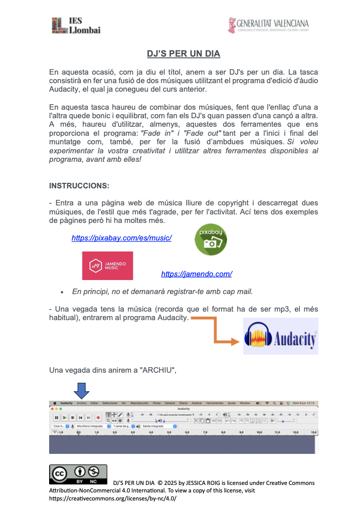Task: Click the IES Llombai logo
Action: coord(76,25)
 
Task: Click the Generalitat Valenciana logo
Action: coord(268,25)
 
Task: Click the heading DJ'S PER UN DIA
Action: coord(184,54)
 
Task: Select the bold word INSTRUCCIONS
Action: coord(79,186)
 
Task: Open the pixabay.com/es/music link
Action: coord(122,238)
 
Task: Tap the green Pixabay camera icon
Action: coord(211,239)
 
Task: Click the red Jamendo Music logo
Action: coord(107,266)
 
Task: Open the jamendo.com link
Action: coord(197,274)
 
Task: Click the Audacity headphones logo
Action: coord(280,336)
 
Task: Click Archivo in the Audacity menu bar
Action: coord(82,403)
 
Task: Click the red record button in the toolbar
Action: coord(98,417)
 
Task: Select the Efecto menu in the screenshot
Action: coord(184,403)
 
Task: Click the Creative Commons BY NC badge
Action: coord(78,474)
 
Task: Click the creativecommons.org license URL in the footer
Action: coord(113,499)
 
